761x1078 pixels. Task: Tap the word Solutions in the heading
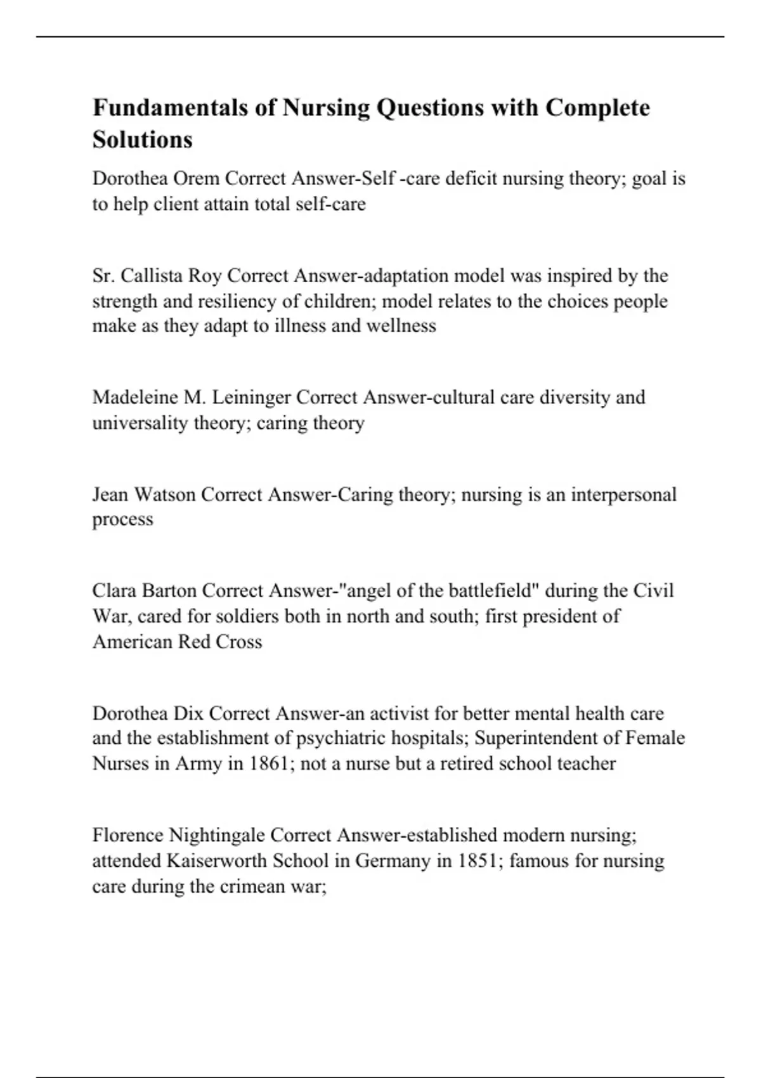click(142, 139)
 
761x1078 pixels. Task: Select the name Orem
click(196, 179)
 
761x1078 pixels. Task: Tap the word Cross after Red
click(238, 642)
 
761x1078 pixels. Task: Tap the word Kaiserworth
click(216, 861)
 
